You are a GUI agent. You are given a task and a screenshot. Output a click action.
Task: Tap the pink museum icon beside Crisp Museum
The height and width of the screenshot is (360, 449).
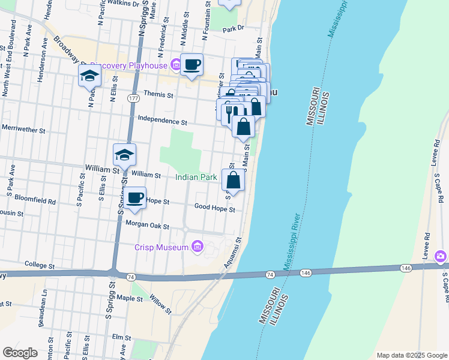[x=197, y=246]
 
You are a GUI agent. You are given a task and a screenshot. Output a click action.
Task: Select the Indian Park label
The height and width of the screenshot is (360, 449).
[x=196, y=178]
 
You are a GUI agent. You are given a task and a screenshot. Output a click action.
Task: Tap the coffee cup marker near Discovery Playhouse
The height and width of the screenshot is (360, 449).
[x=191, y=65]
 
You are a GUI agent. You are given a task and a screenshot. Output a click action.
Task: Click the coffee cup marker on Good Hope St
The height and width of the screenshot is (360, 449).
[x=135, y=197]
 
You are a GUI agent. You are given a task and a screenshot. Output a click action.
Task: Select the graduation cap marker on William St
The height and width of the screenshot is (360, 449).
[x=124, y=155]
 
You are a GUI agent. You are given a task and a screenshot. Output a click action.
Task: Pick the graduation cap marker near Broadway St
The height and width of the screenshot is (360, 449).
[x=89, y=76]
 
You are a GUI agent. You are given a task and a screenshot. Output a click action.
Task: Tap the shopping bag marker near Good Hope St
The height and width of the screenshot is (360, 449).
[x=234, y=180]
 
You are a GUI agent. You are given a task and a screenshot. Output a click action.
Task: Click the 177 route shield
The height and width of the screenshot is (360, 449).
[x=133, y=97]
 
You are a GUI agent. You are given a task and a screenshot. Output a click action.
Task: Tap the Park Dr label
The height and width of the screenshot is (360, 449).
[x=234, y=28]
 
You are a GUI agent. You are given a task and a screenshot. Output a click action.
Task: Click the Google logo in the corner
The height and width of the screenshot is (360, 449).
[x=20, y=353]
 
